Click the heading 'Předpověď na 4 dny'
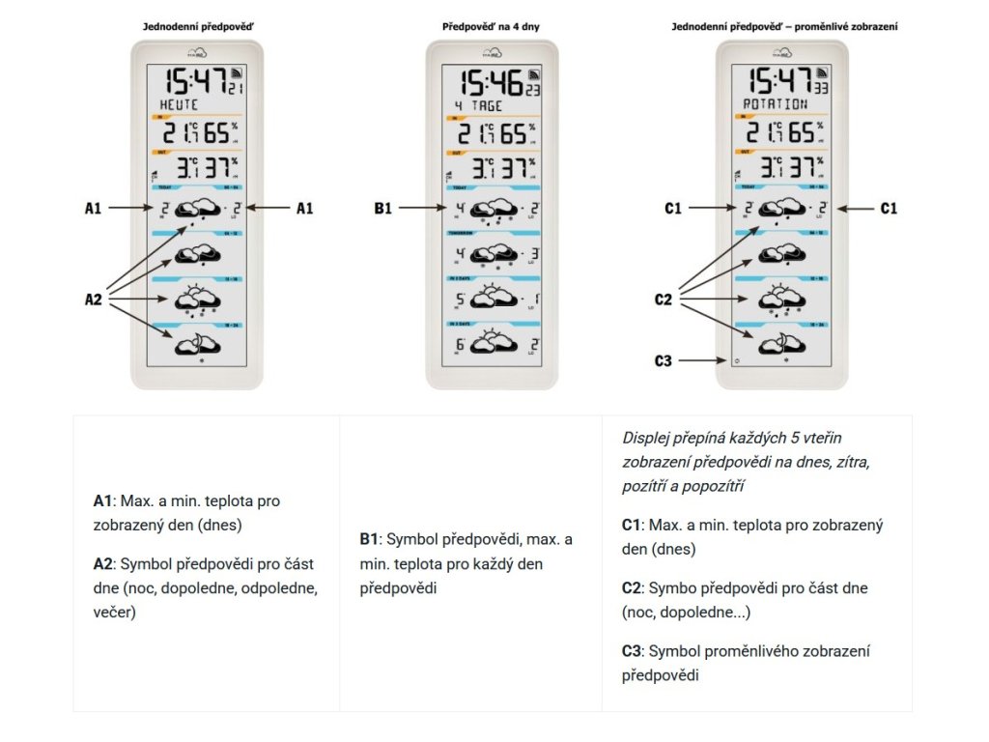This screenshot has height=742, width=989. pyautogui.click(x=492, y=27)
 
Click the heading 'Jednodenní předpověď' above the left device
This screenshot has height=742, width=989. pyautogui.click(x=197, y=27)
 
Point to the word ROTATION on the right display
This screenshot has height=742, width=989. pyautogui.click(x=775, y=104)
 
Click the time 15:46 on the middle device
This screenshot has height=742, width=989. pyautogui.click(x=491, y=82)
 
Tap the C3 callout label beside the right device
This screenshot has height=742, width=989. pyautogui.click(x=662, y=360)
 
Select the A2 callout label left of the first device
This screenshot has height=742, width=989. pyautogui.click(x=93, y=300)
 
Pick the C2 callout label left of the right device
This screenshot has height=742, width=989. pyautogui.click(x=663, y=300)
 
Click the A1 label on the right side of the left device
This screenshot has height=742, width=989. pyautogui.click(x=304, y=207)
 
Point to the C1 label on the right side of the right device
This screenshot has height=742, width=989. pyautogui.click(x=888, y=207)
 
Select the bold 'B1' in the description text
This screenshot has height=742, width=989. pyautogui.click(x=368, y=539)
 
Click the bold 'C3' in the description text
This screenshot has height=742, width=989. pyautogui.click(x=633, y=651)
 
